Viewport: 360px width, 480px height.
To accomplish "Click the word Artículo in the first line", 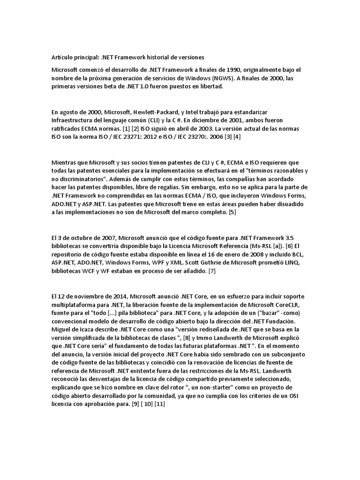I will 63,57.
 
